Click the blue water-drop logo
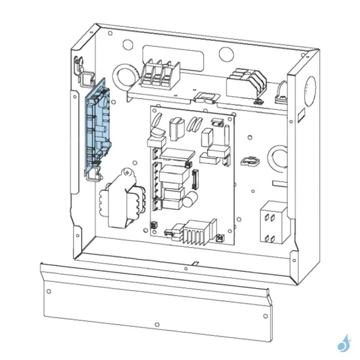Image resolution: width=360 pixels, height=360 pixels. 344,344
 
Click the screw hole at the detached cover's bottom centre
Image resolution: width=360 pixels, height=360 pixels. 157,325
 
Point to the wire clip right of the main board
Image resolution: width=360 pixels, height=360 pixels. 248,161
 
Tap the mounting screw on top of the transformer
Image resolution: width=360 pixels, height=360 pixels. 127,173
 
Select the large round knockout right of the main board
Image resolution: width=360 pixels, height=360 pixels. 280,158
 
